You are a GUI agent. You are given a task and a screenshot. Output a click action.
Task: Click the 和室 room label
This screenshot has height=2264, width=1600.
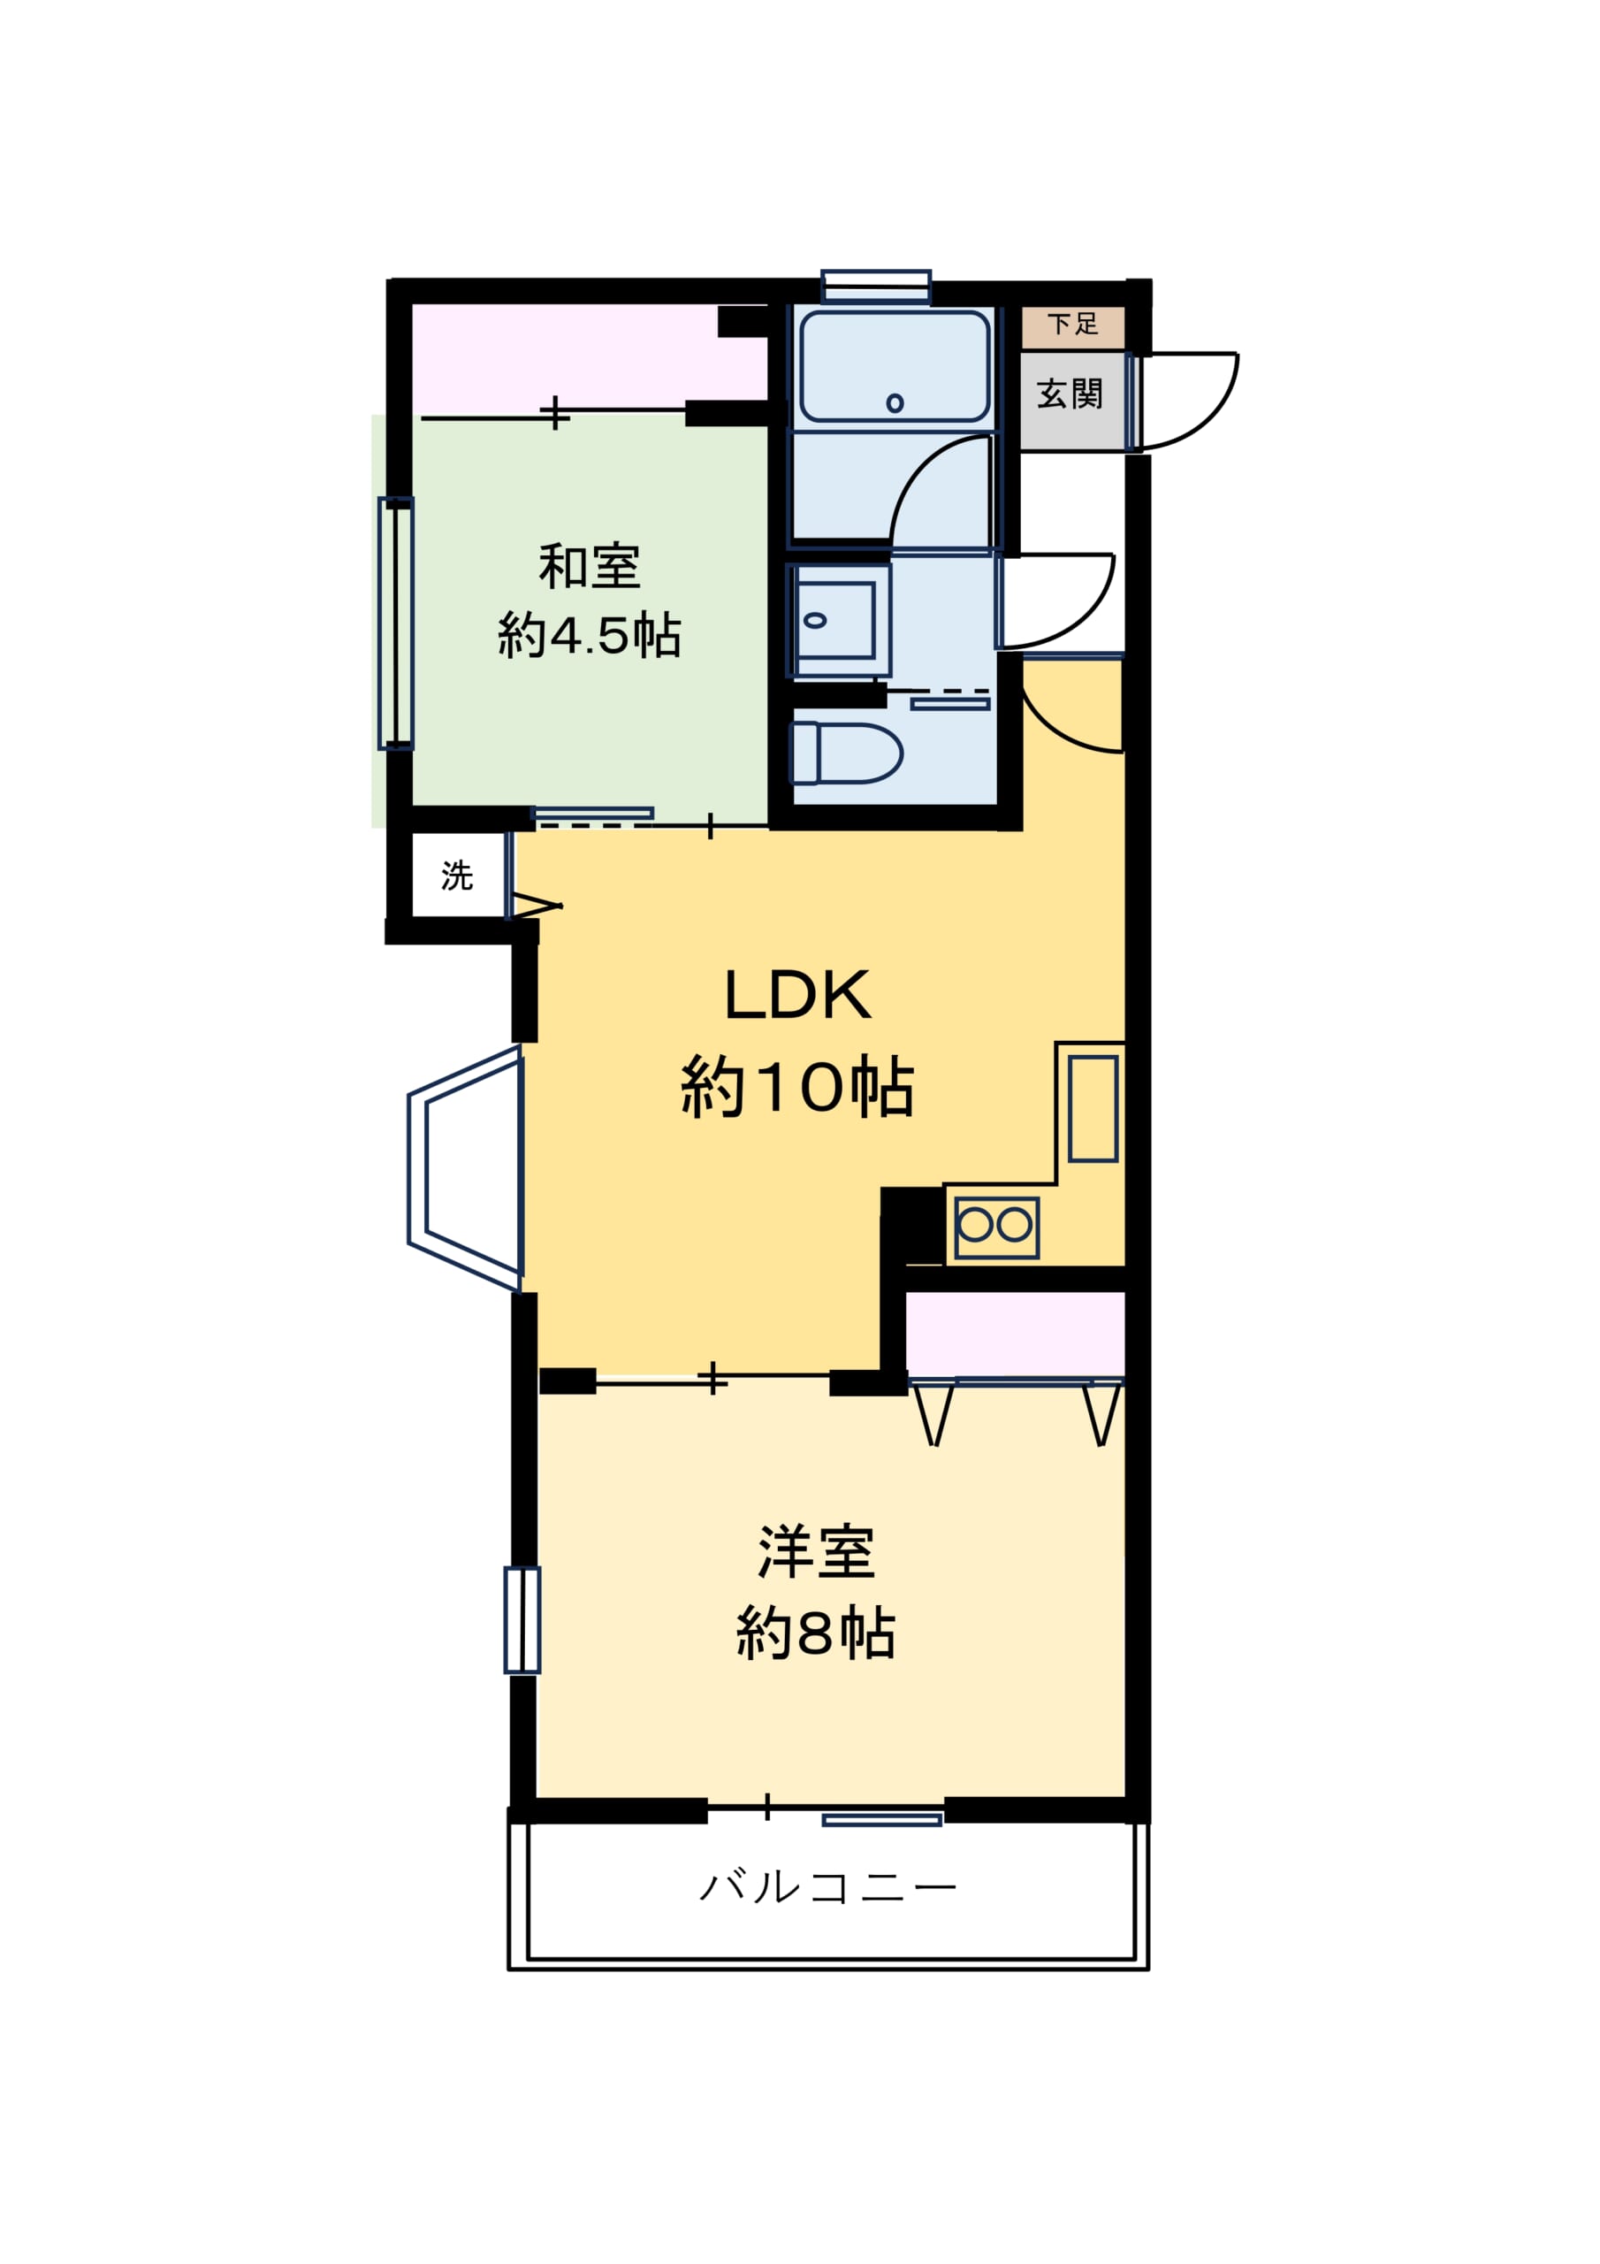[589, 567]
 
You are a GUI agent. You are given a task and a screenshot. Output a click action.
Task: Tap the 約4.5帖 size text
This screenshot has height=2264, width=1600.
[589, 635]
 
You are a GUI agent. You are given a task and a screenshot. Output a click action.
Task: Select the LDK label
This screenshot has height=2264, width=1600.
[797, 995]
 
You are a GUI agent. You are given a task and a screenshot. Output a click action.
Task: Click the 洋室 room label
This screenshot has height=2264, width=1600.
[815, 1552]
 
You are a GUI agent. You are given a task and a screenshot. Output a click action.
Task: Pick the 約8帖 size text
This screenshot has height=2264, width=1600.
[815, 1634]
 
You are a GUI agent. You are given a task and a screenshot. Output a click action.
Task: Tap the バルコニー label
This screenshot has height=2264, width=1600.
[827, 1888]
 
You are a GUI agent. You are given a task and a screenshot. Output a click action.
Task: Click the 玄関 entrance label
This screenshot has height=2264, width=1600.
[1070, 394]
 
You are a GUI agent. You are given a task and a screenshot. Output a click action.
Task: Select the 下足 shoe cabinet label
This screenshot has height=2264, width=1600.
[1072, 324]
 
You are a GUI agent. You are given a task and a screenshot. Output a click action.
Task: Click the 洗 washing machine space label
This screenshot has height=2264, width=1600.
[456, 876]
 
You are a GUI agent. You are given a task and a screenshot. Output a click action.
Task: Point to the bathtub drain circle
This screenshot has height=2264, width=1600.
[895, 403]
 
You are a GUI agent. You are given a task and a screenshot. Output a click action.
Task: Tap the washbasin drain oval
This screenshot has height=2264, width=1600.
[815, 620]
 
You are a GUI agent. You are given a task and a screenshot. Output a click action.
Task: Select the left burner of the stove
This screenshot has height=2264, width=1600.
[975, 1226]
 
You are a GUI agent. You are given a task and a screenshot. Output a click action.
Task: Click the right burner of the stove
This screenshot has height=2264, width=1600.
[1016, 1226]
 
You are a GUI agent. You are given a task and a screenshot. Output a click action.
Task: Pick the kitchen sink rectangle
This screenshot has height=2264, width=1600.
[1093, 1109]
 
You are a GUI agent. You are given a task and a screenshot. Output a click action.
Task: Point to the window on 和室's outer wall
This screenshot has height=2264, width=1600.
[395, 623]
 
